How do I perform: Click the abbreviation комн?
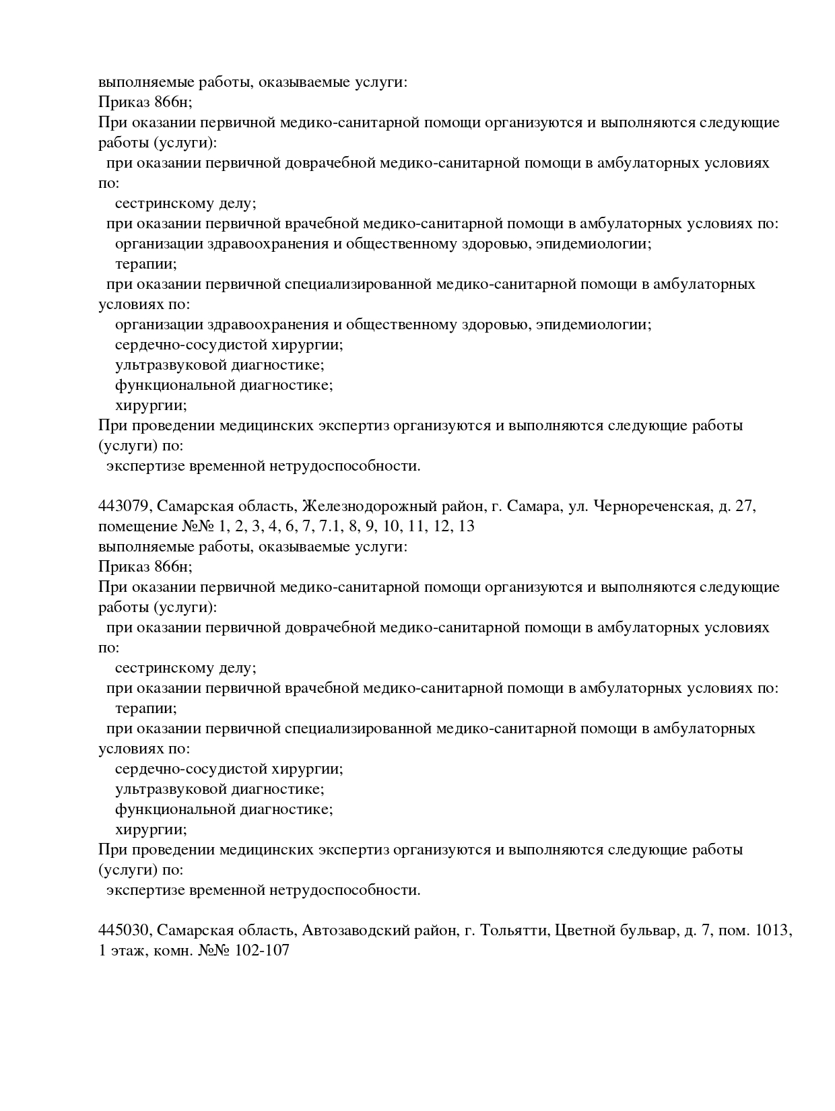click(174, 951)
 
